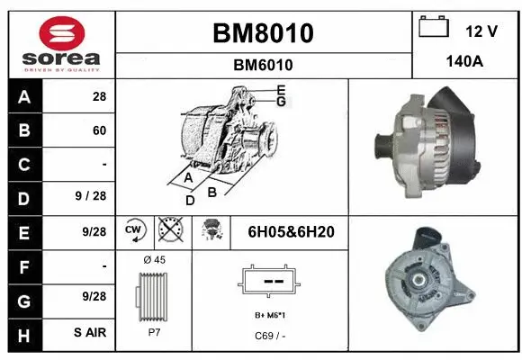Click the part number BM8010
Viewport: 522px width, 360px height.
pyautogui.click(x=264, y=33)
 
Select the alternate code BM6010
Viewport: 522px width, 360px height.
pyautogui.click(x=264, y=65)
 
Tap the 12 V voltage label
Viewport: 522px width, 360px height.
pyautogui.click(x=481, y=31)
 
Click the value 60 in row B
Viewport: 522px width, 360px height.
pyautogui.click(x=99, y=130)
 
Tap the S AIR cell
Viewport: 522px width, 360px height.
pyautogui.click(x=90, y=333)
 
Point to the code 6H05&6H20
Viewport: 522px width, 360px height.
pyautogui.click(x=291, y=232)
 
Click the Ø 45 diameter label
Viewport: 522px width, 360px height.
pyautogui.click(x=154, y=260)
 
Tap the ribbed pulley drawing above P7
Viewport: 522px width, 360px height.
pyautogui.click(x=153, y=294)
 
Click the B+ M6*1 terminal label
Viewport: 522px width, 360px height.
pyautogui.click(x=271, y=316)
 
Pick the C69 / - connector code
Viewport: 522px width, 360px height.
pyautogui.click(x=270, y=336)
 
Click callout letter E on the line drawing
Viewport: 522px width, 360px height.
pyautogui.click(x=282, y=89)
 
